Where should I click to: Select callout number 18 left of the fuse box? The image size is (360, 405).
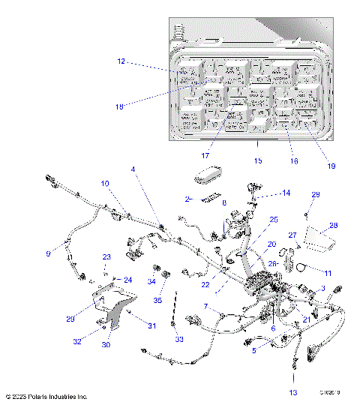[119, 106]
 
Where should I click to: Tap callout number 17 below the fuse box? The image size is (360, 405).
[204, 155]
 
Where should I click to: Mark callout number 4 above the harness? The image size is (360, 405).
[133, 169]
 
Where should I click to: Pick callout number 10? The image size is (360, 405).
[105, 183]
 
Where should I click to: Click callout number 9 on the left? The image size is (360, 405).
[48, 254]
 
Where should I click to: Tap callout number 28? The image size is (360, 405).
[334, 225]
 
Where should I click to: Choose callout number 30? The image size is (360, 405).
[105, 345]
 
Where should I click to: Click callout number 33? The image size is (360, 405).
[179, 339]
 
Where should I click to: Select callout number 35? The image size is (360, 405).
[157, 299]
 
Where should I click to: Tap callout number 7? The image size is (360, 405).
[184, 306]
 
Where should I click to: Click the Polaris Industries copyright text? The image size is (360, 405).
[46, 396]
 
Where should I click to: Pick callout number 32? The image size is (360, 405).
[78, 340]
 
